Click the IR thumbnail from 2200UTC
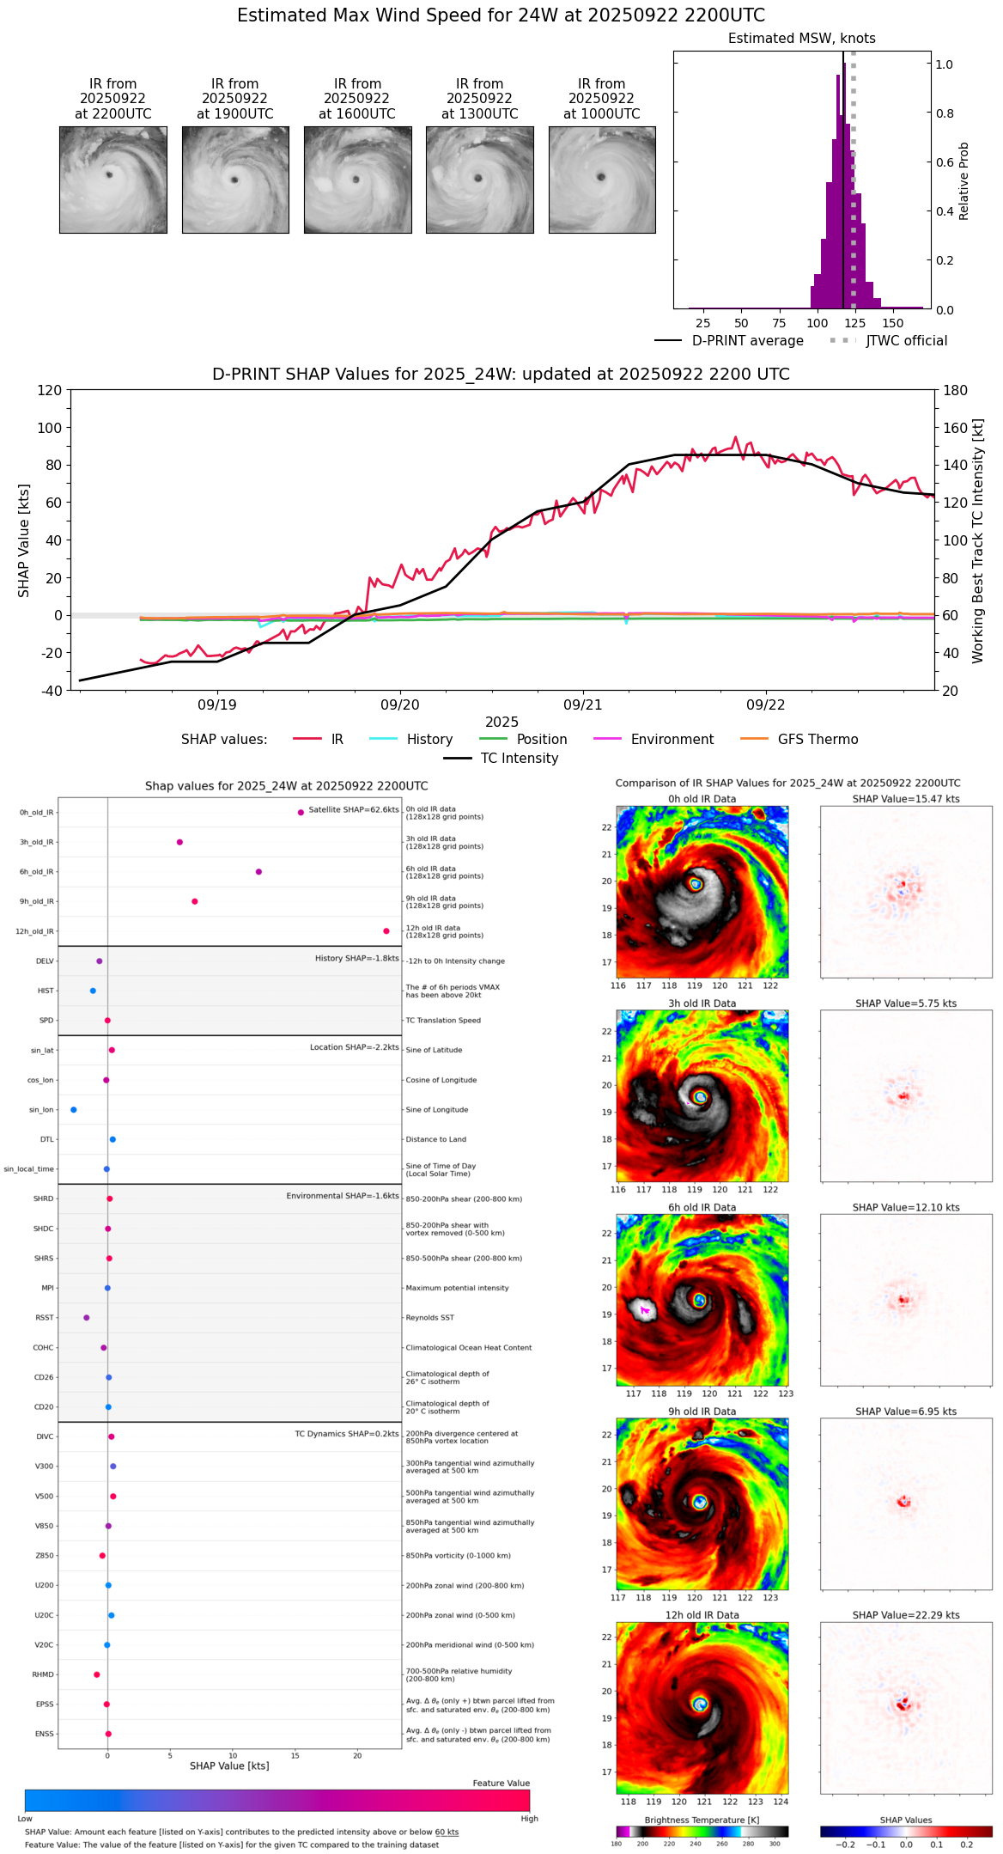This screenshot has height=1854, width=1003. [x=113, y=180]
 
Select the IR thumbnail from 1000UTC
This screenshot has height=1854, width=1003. [x=602, y=180]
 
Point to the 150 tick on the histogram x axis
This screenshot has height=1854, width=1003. [x=893, y=323]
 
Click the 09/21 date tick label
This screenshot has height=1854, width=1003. [x=583, y=704]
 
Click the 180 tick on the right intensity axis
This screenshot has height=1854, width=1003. [x=956, y=391]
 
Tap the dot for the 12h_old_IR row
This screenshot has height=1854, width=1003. [x=386, y=931]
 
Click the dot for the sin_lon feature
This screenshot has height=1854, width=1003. [x=74, y=1110]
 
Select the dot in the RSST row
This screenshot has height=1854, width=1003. [x=86, y=1318]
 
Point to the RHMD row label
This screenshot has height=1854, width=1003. [x=43, y=1674]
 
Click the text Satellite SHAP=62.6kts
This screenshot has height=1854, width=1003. [x=353, y=810]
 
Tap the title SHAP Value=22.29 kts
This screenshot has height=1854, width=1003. [x=906, y=1615]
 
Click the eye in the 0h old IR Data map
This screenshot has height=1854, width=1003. [x=696, y=883]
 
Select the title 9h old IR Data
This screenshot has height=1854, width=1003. [x=702, y=1412]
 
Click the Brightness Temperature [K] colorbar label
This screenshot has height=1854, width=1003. [x=702, y=1820]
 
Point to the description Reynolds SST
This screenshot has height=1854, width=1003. [x=430, y=1318]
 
